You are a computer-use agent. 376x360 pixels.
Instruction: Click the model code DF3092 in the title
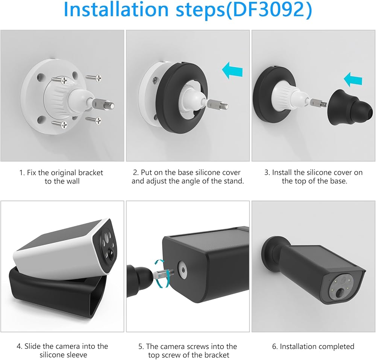tap(267, 10)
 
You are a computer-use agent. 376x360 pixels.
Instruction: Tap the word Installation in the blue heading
tap(117, 10)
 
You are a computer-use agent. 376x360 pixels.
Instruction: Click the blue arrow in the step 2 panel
tap(232, 70)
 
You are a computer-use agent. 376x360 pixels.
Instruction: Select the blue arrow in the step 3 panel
tap(353, 79)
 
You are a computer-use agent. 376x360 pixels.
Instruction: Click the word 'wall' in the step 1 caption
tap(72, 181)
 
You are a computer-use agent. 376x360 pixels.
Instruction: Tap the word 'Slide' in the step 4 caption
tap(33, 346)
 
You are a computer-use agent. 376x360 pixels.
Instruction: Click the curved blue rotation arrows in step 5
tap(160, 273)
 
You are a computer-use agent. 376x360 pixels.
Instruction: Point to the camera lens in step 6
tap(340, 293)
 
